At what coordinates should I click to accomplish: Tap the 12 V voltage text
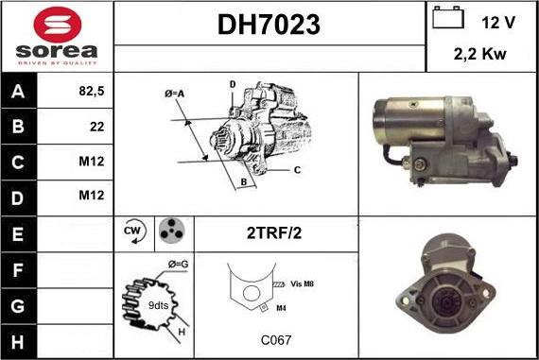497,22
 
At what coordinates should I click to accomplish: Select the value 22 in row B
96,126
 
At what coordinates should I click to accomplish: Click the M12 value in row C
91,161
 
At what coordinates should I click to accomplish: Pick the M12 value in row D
91,196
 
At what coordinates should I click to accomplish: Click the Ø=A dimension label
173,94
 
